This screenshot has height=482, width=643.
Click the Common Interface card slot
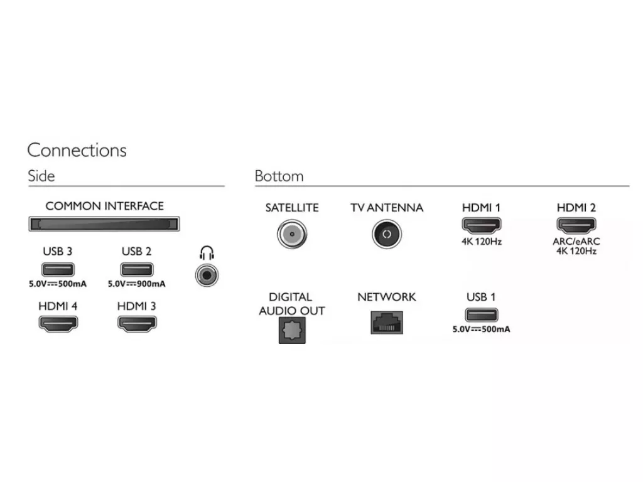point(104,224)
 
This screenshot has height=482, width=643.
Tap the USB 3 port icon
point(58,269)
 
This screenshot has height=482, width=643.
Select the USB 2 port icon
point(136,269)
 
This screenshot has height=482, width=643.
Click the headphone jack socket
point(207,275)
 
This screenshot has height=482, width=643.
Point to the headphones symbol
point(207,253)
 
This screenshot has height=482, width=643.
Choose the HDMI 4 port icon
point(58,324)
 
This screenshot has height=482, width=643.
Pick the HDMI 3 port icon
point(136,324)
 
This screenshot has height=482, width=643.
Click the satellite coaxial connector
point(291,234)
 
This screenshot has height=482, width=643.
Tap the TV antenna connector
point(386,234)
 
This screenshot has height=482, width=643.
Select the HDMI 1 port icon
point(482,225)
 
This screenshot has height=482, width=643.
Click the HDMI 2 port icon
point(576,225)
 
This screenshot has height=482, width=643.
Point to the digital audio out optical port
point(292,330)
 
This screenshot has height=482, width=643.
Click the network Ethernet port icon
point(387,323)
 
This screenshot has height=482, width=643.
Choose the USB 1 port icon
point(482,315)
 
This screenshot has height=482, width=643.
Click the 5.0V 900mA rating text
point(136,284)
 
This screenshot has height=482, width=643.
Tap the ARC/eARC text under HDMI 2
point(576,242)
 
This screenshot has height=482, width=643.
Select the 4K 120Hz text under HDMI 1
point(482,242)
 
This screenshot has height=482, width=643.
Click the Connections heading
point(77,150)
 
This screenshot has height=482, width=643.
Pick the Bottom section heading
point(279,176)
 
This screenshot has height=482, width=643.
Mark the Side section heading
point(41,176)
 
